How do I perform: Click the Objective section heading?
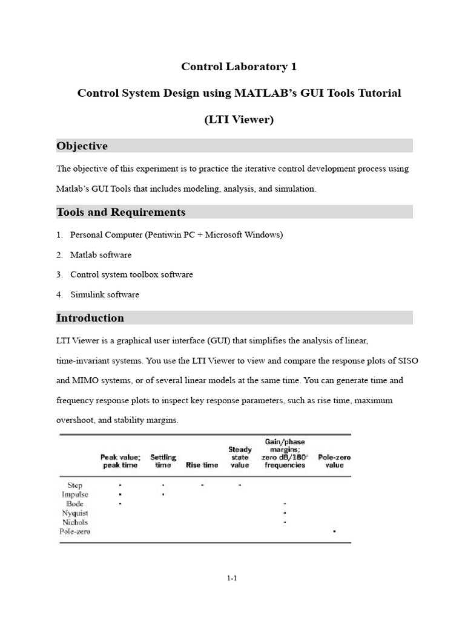click(x=82, y=146)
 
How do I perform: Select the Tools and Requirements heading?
click(x=120, y=212)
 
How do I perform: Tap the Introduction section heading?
click(x=90, y=318)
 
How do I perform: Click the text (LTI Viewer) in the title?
click(x=239, y=120)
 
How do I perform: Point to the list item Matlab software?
click(x=101, y=255)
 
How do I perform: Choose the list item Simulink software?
click(x=105, y=295)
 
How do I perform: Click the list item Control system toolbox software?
click(x=131, y=274)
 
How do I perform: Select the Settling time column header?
click(x=163, y=461)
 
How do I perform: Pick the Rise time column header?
click(x=202, y=465)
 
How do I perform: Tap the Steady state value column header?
click(x=240, y=457)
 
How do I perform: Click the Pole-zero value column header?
click(x=334, y=461)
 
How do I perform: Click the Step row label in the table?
click(x=75, y=485)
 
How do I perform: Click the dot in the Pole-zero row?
click(x=334, y=531)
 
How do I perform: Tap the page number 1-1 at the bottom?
click(x=232, y=578)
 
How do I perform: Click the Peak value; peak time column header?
click(x=120, y=461)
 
